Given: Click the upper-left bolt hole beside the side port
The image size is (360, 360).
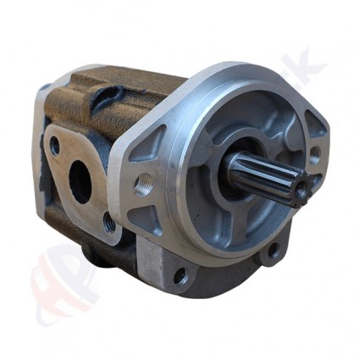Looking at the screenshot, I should click(x=56, y=146).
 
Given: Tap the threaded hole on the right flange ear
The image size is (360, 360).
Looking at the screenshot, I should click(x=315, y=156).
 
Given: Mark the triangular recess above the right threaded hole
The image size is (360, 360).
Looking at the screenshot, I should click(x=313, y=125).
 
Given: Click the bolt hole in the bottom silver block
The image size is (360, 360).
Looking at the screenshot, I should click(x=180, y=274).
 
